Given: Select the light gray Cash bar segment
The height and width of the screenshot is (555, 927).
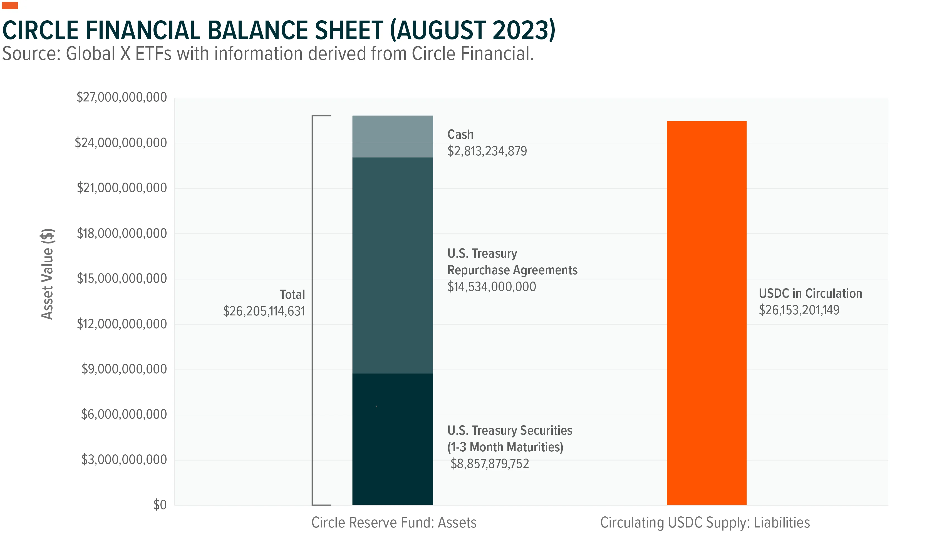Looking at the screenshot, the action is pos(392,136).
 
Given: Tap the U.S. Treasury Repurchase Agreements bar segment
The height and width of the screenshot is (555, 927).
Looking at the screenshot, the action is pos(392,265).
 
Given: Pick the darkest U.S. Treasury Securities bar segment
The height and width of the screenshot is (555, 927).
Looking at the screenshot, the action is pos(392,439).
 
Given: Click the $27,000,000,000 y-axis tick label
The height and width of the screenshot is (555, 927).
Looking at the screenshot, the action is pos(122,97).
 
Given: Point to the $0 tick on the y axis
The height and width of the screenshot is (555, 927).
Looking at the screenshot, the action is pos(160,505).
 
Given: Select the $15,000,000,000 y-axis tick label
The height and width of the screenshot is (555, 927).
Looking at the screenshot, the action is pos(122,279).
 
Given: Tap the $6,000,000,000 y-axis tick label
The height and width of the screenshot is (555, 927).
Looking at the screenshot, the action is pos(124,414).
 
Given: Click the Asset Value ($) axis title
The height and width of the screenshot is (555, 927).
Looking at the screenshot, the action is pos(48,274).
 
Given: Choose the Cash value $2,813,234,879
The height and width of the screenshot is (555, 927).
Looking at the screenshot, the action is pos(487,151).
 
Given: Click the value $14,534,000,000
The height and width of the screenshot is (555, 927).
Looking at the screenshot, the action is pos(492,287).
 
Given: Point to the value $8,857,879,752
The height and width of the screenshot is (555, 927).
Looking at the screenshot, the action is pos(490,464).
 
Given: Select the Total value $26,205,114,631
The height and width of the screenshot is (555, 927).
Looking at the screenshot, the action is pos(264,311).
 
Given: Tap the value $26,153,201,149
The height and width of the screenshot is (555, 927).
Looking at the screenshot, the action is pos(799,310).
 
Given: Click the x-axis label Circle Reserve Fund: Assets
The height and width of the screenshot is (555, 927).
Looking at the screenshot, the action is pos(394,522).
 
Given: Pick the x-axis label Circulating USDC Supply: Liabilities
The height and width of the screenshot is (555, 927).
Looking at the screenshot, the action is pos(705,522).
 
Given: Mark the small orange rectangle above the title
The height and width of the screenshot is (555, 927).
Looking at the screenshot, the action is pos(10,6).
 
